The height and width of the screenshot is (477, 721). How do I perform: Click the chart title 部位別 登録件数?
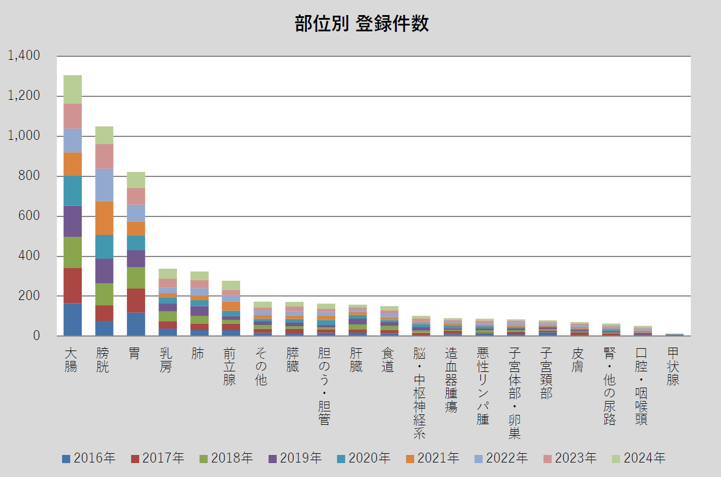click(x=361, y=24)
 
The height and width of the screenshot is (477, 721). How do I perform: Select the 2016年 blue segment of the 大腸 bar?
click(x=73, y=319)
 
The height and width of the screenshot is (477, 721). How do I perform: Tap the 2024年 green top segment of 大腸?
click(x=73, y=89)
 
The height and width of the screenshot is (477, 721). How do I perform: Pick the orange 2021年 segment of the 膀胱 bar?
click(x=104, y=218)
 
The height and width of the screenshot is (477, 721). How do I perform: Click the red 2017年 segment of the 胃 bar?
click(x=136, y=300)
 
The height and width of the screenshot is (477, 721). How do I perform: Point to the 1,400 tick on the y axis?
click(x=24, y=56)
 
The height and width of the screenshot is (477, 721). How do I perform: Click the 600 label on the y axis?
click(x=28, y=216)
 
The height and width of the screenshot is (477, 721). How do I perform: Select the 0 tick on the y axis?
click(x=35, y=336)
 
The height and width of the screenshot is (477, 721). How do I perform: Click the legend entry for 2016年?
click(x=88, y=458)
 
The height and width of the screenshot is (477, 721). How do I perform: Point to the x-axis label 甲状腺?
click(x=673, y=366)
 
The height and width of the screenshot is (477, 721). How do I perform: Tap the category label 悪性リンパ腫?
click(x=483, y=386)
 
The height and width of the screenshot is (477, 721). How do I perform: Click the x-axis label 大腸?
click(x=71, y=360)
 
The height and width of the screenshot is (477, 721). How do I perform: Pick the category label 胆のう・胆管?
click(x=324, y=386)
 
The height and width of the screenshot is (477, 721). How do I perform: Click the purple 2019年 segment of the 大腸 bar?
click(x=73, y=221)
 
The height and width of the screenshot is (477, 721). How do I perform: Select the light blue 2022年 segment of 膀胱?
click(x=104, y=185)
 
